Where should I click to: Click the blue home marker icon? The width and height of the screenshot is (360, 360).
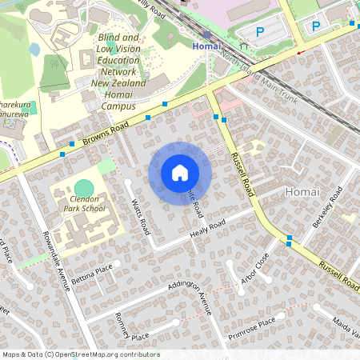pos(180,172)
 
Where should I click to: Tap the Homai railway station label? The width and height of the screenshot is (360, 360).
pos(206,46)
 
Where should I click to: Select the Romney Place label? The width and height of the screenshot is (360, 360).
pos(132,326)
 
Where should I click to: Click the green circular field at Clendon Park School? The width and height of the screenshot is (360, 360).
pos(84,188)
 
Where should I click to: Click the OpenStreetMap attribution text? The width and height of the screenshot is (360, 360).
pos(80,354)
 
